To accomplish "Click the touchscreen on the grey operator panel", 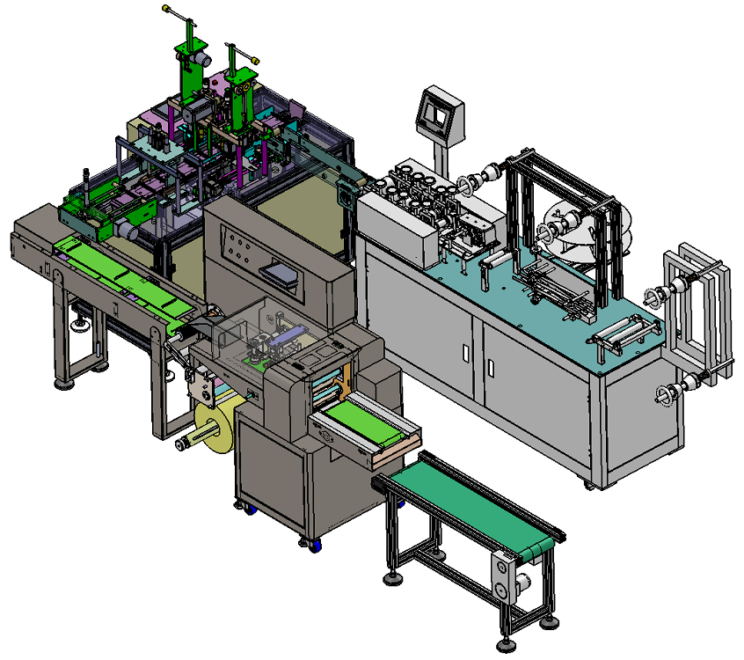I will tap(435, 109).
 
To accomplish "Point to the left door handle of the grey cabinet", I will tap(464, 353).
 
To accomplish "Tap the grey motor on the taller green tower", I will tap(203, 58).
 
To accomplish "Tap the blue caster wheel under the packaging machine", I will tap(249, 510).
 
